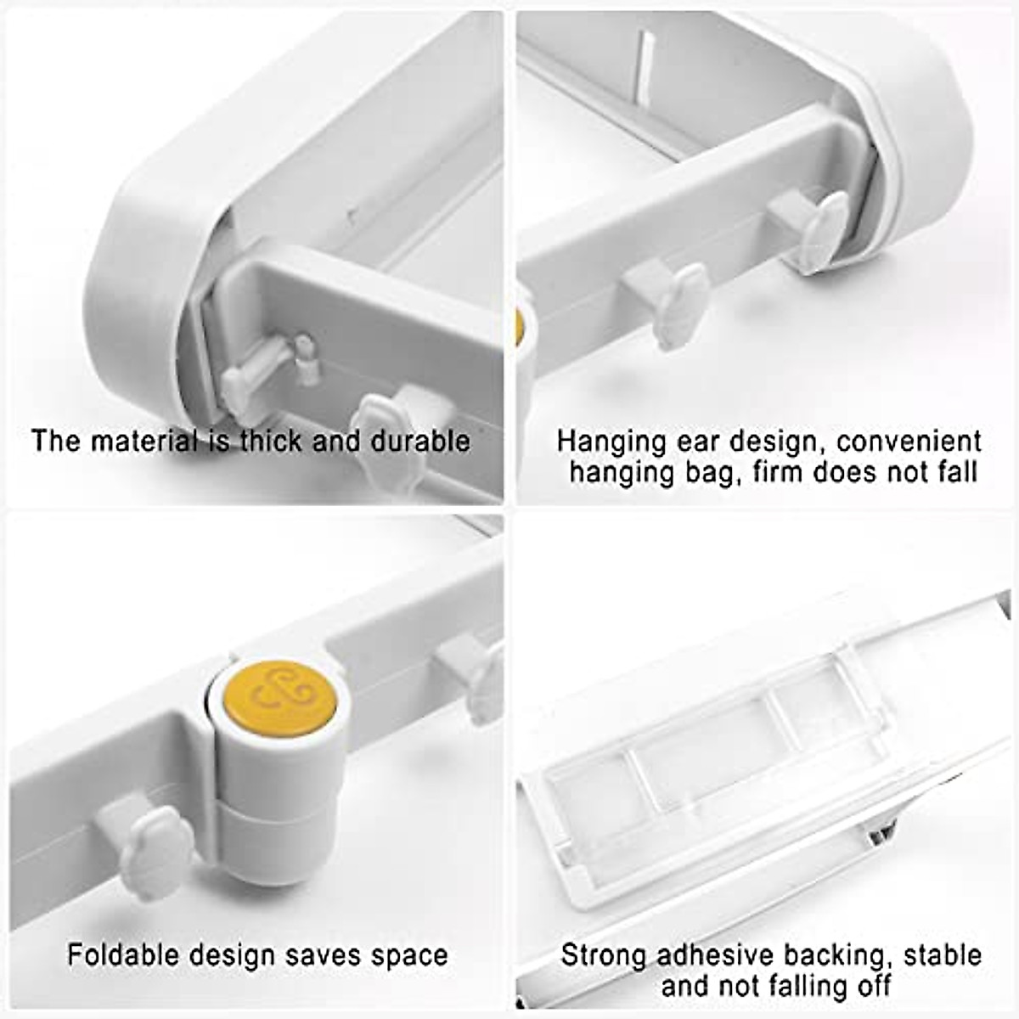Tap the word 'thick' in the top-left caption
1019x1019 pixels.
(x=270, y=441)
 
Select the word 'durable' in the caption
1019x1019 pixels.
(x=420, y=441)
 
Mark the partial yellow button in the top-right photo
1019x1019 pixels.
(x=519, y=326)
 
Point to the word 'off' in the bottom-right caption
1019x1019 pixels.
(x=871, y=986)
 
